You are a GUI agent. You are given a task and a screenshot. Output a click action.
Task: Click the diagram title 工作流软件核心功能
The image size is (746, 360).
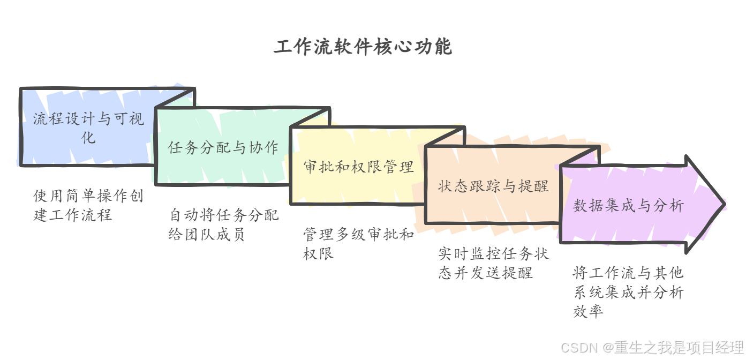363,47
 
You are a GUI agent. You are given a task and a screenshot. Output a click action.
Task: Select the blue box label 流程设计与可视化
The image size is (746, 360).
88,127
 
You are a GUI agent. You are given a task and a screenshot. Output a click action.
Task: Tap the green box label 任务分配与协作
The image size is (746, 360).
223,147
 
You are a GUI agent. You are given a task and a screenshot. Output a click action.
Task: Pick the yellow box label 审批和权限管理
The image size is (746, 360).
359,167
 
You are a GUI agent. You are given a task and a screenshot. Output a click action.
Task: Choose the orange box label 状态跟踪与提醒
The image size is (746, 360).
493,186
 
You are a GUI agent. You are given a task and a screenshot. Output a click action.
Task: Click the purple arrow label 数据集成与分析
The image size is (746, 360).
628,206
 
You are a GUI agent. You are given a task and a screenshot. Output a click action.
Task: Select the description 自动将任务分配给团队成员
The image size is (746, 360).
223,225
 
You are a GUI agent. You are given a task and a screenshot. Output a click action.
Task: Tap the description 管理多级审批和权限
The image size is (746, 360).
358,244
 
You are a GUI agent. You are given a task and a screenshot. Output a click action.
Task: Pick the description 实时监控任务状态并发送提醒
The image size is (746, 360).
493,263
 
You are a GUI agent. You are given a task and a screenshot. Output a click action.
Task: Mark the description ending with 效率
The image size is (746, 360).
628,292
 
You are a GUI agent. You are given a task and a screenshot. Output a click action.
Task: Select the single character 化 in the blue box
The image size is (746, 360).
88,137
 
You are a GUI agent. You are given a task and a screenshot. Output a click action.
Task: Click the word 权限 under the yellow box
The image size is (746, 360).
318,253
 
